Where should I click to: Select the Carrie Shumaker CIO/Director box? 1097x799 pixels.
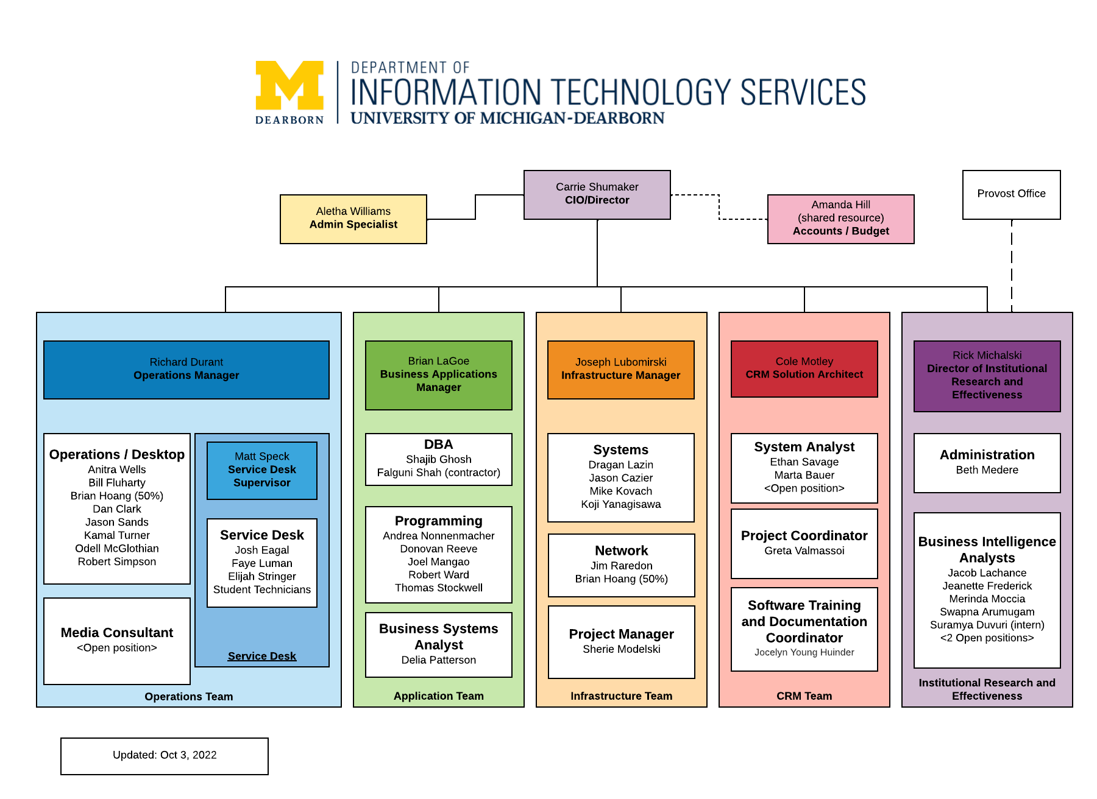point(597,194)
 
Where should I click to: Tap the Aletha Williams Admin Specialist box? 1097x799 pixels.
point(353,219)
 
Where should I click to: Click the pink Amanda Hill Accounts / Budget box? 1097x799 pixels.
point(840,219)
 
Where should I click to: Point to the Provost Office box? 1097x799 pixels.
point(1011,194)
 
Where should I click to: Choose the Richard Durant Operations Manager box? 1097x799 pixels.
point(186,369)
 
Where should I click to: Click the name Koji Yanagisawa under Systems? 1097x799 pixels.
point(620,504)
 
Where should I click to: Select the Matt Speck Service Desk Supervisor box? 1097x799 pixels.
point(261,470)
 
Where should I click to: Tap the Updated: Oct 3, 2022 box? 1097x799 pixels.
point(164,755)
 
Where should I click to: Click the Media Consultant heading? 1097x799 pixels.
point(116,632)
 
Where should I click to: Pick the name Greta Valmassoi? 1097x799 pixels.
point(804,551)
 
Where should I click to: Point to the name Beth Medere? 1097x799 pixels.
point(987,470)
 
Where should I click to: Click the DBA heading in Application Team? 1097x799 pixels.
point(438,445)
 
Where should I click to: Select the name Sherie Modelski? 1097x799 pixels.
point(621,649)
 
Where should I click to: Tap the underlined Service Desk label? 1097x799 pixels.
point(261,656)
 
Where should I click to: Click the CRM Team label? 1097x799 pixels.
point(804,695)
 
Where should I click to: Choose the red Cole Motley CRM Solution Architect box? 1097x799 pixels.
point(804,368)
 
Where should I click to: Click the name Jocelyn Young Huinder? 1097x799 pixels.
point(804,652)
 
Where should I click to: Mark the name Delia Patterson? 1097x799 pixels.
point(438,660)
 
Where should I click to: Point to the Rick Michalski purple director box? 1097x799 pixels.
point(987,375)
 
